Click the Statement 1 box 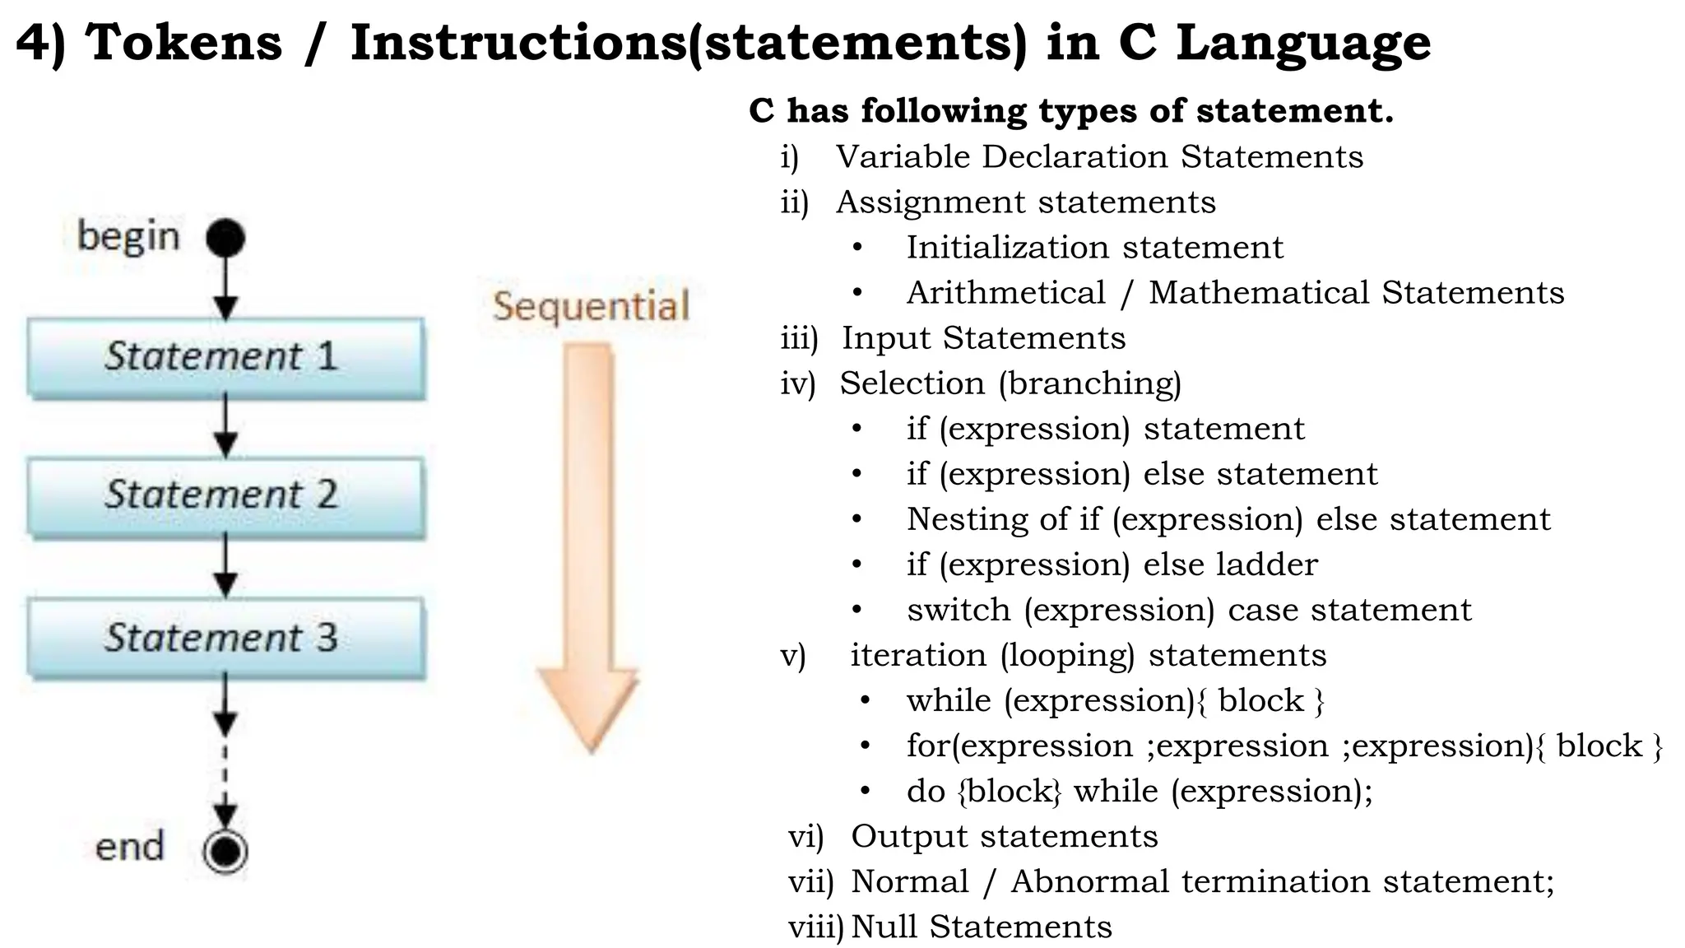[226, 357]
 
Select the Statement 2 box [226, 496]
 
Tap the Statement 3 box [226, 638]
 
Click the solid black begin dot [225, 238]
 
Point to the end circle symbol [225, 851]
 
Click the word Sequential [591, 306]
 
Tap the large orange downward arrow [588, 543]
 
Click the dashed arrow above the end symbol [225, 782]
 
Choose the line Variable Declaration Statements [1099, 156]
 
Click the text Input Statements [983, 337]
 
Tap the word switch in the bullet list [959, 610]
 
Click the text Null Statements [981, 927]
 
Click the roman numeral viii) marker [815, 927]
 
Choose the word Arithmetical [1005, 293]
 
